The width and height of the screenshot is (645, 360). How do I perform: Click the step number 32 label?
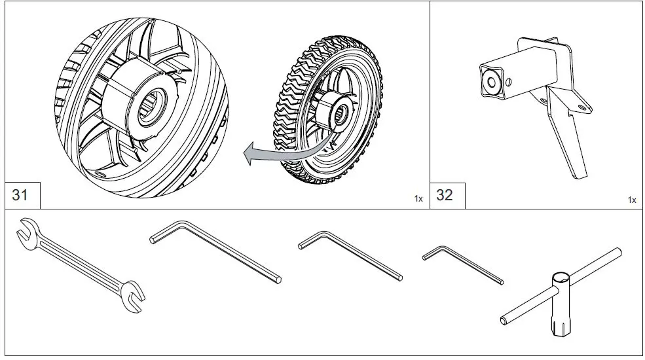click(x=445, y=195)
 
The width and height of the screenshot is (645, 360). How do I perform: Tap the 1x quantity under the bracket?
click(x=631, y=199)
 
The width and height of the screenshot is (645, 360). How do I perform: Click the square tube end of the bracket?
click(x=492, y=79)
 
